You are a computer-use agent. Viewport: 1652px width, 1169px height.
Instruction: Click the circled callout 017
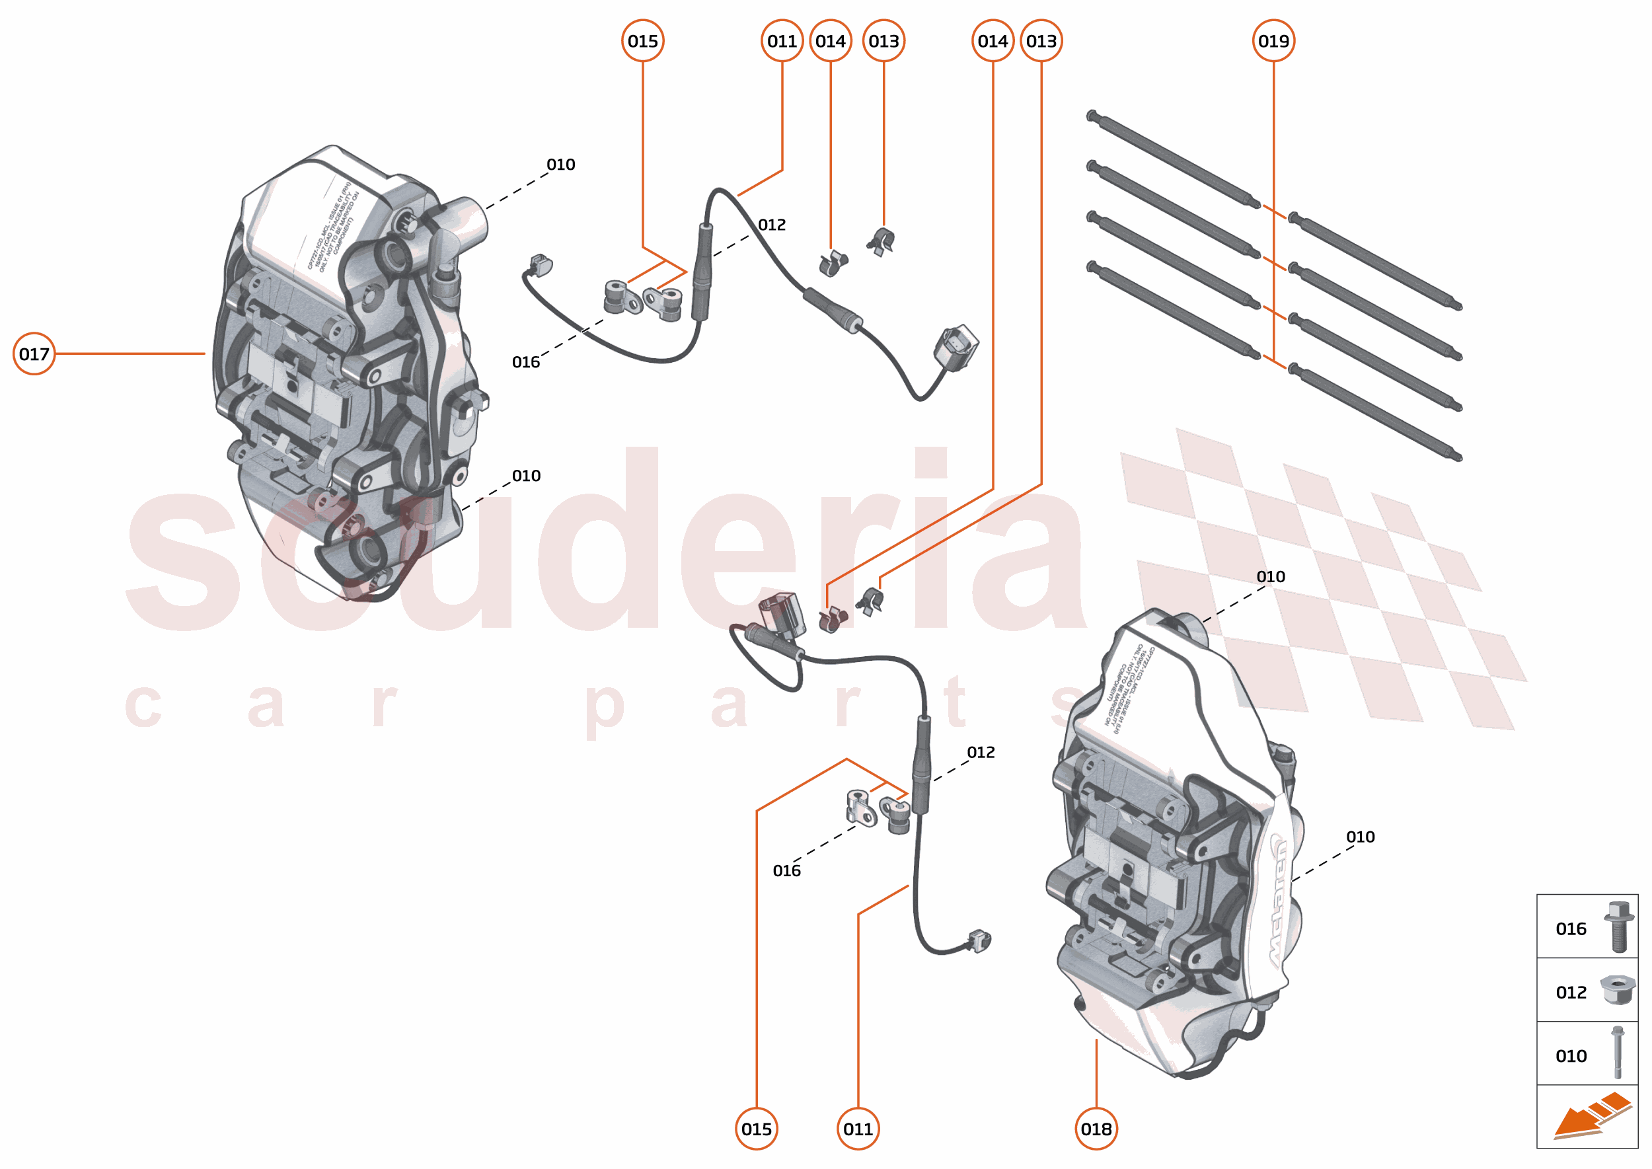pos(34,354)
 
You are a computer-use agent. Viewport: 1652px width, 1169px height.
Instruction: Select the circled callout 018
pos(1096,1129)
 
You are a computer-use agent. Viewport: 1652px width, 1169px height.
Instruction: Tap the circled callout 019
pos(1273,41)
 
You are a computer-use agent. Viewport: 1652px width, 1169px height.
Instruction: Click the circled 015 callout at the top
pos(643,41)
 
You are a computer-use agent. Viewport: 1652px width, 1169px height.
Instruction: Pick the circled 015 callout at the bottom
pos(757,1129)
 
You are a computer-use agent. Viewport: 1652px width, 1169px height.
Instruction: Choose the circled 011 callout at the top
pos(782,41)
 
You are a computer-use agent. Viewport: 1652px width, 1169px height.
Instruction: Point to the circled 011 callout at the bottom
pos(858,1129)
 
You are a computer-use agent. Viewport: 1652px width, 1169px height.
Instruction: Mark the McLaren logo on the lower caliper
pos(1280,900)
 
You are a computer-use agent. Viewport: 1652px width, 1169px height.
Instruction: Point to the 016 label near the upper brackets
pos(525,362)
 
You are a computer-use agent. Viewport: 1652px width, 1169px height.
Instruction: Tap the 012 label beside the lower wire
pos(981,752)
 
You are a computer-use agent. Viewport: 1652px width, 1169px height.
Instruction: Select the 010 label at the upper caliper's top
pos(561,164)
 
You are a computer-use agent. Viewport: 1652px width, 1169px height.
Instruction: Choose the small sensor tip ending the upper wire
pos(539,265)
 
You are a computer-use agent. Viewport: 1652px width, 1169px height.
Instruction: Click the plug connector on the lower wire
pos(780,613)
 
